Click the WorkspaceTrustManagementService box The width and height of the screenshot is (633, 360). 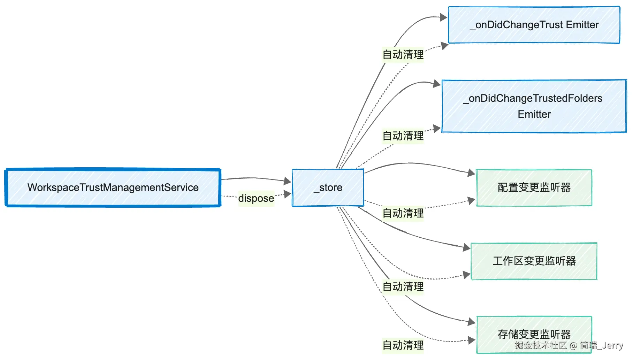[x=113, y=187]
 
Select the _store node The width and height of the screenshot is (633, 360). [x=328, y=187]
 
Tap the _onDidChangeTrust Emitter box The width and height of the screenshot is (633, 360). [x=534, y=25]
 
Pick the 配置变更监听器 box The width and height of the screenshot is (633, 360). [x=534, y=187]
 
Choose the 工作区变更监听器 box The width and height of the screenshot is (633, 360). [x=534, y=261]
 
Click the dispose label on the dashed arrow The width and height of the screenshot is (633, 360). [x=256, y=198]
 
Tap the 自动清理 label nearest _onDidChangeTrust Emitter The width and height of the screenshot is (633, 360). [x=403, y=55]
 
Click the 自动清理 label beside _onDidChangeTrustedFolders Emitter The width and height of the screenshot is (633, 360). [x=403, y=136]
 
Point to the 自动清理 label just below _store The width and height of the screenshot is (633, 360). [x=403, y=213]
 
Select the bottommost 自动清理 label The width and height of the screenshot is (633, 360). [x=403, y=345]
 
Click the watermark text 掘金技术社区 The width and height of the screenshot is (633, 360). [x=541, y=345]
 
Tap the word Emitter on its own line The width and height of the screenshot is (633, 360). [x=534, y=114]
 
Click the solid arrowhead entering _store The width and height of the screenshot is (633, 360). [x=288, y=181]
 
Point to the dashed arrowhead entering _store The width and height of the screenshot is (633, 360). [x=288, y=194]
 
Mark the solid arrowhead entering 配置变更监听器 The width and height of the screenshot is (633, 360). [x=472, y=173]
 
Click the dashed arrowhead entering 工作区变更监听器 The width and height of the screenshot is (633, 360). [x=467, y=275]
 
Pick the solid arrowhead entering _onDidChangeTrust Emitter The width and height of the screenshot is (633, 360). [x=444, y=17]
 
